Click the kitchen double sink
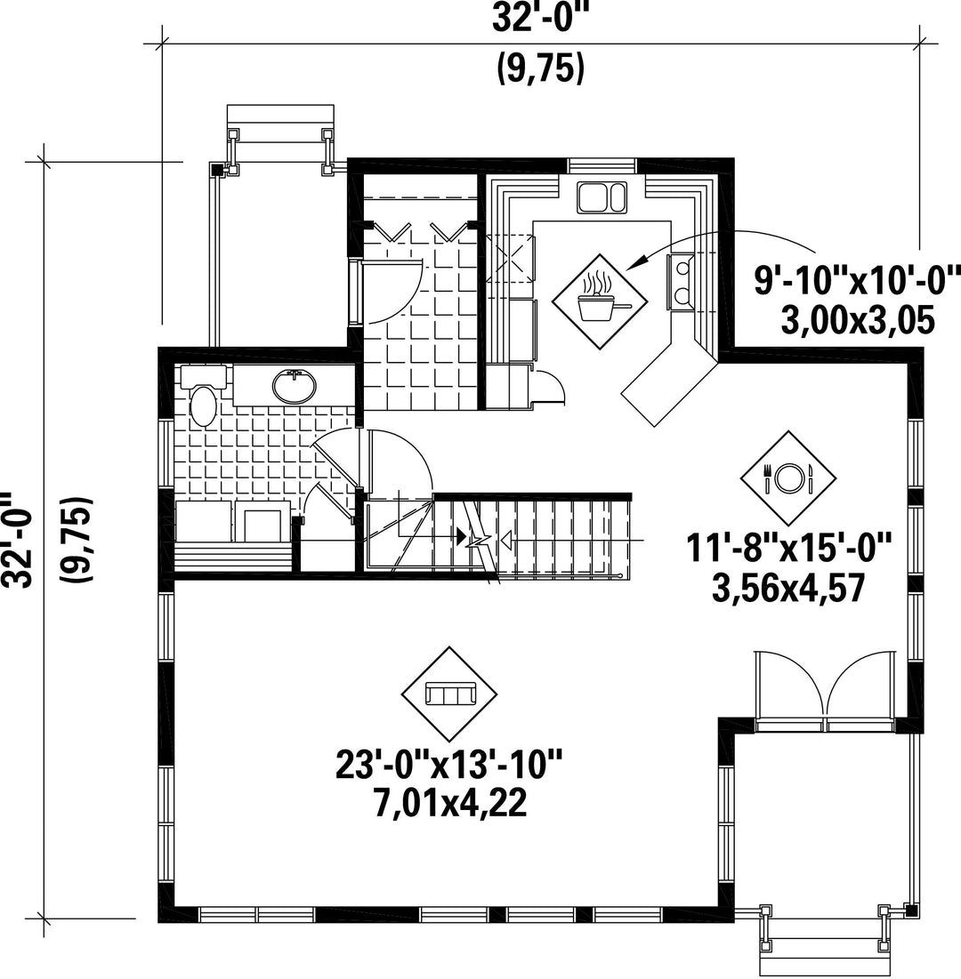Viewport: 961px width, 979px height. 602,197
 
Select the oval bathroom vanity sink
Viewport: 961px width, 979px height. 294,386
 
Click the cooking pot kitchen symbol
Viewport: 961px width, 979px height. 599,301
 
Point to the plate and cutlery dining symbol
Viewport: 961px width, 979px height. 787,478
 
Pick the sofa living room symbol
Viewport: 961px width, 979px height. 449,694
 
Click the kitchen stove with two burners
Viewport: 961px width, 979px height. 682,282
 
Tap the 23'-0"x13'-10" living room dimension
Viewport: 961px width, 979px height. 449,765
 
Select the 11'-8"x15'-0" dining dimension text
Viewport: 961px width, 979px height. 788,549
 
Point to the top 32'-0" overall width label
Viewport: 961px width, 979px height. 541,18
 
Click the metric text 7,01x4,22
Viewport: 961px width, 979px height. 450,804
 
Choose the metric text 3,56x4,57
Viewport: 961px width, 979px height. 788,588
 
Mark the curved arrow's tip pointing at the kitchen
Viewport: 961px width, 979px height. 627,270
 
